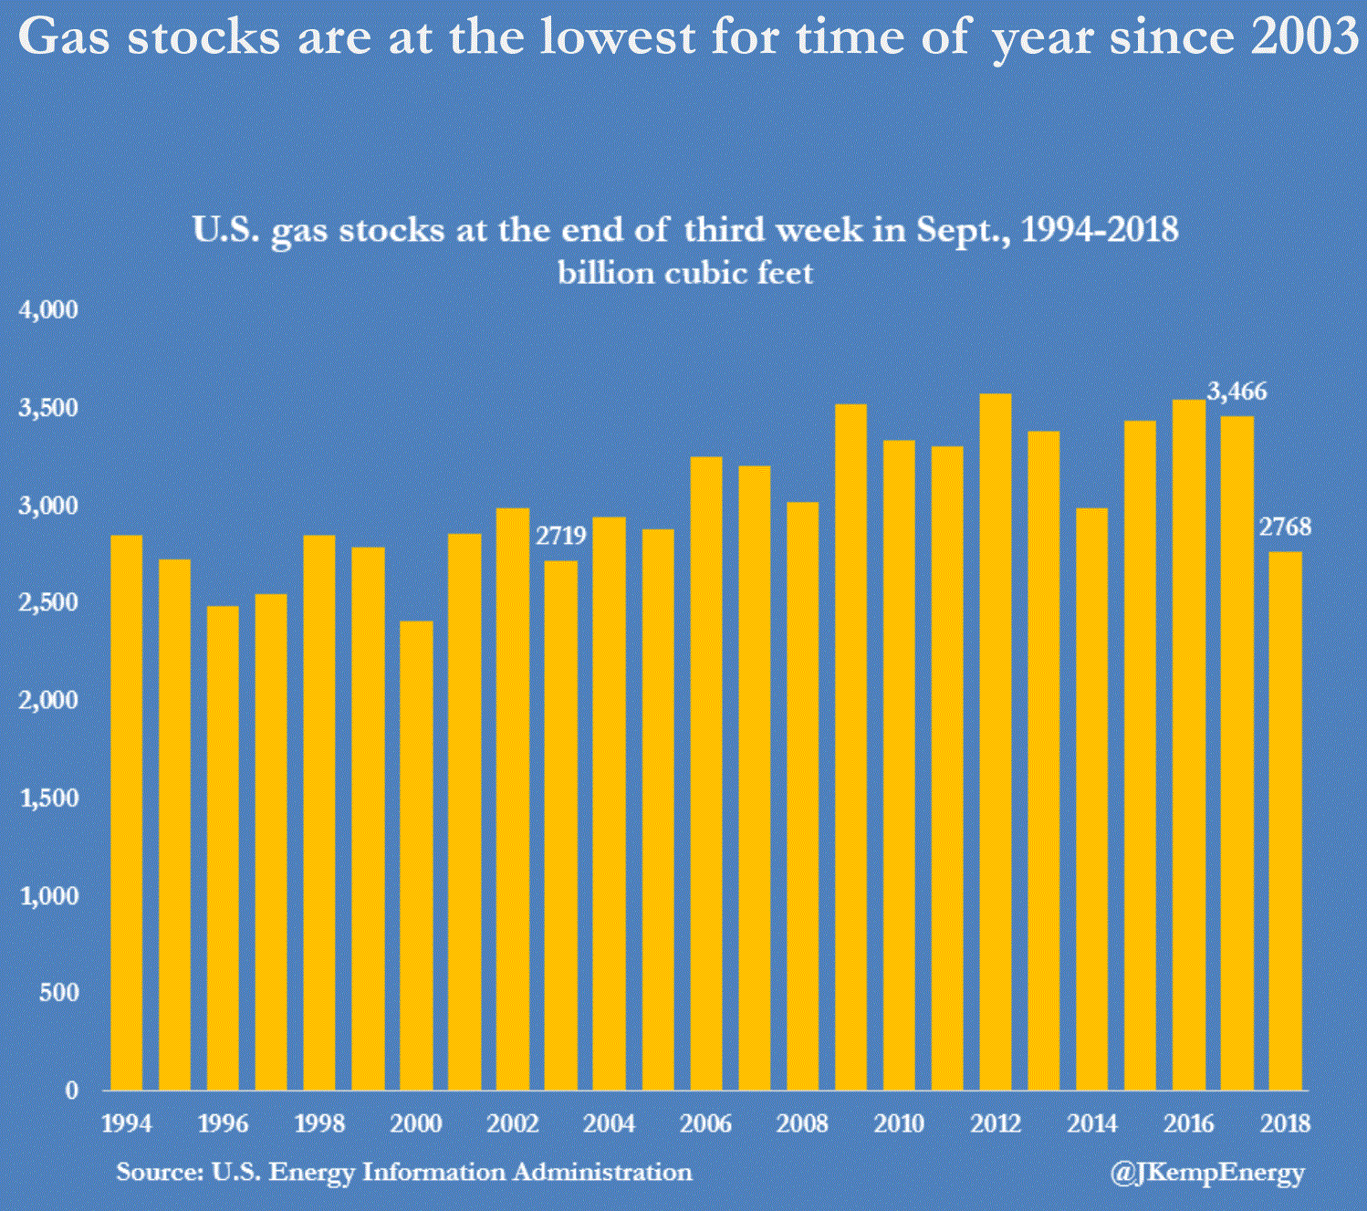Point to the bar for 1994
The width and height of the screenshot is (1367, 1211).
[126, 811]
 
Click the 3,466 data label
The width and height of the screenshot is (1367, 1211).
[1237, 391]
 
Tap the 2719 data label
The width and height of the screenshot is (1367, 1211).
[560, 536]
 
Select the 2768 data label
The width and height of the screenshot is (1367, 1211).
[1285, 527]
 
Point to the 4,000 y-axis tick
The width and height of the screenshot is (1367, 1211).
[49, 310]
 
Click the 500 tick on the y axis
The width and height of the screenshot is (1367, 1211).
[59, 992]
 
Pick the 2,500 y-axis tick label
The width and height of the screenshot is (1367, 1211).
[49, 602]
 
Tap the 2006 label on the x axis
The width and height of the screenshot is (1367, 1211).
[705, 1123]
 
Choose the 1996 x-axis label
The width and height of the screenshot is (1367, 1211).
[223, 1123]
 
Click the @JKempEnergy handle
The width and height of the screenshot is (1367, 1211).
[1207, 1173]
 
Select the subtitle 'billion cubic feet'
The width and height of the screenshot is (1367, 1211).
[684, 273]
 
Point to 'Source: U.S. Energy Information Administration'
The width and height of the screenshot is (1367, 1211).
[403, 1172]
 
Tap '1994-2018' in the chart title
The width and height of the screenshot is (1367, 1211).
[1100, 229]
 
